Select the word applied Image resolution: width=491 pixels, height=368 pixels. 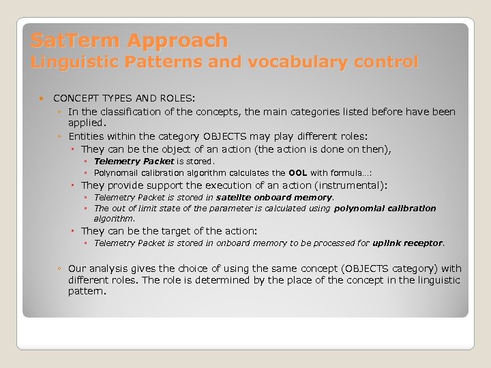point(87,123)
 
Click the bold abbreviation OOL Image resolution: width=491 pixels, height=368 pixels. point(297,173)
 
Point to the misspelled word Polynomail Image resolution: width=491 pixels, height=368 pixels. point(117,173)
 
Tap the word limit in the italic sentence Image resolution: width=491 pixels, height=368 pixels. point(145,209)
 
